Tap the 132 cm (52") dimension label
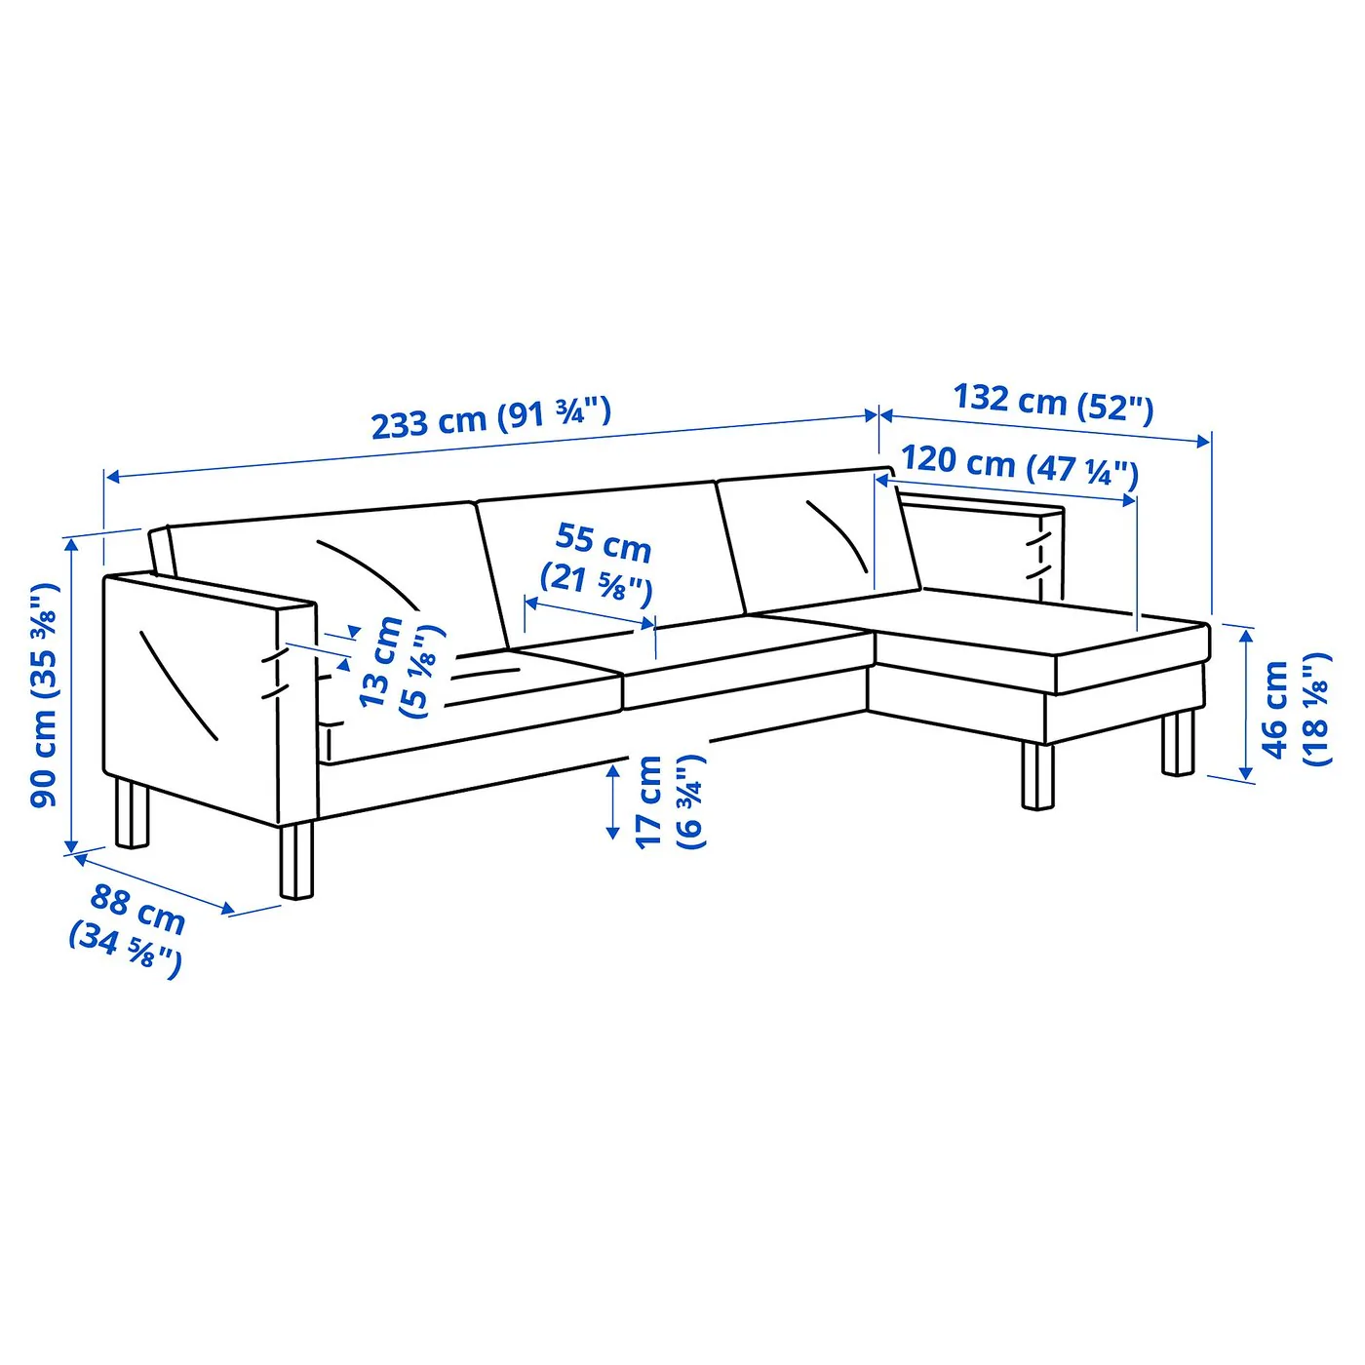[1053, 404]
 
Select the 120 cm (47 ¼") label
[1019, 467]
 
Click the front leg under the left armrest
[296, 861]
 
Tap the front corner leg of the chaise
[1037, 774]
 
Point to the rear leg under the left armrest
[133, 814]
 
